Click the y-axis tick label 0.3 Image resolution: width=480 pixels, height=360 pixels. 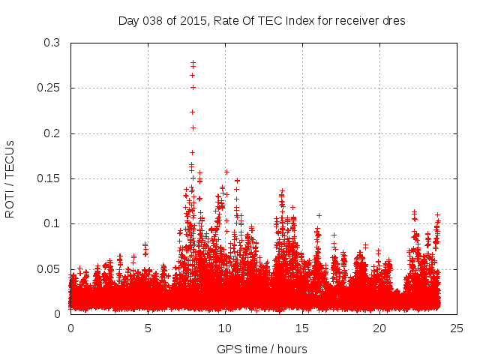52,43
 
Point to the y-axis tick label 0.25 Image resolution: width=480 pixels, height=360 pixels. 49,88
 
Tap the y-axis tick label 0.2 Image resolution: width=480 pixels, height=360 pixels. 52,133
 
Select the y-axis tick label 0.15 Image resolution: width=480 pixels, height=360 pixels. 49,178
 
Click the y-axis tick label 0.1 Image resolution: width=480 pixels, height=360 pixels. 52,223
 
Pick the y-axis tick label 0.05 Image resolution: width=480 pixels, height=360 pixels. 49,268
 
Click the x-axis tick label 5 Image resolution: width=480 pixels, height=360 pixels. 148,328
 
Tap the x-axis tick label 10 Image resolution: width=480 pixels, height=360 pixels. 225,328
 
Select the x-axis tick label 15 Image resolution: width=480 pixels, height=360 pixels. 302,328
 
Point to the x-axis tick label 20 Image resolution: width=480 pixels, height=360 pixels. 379,328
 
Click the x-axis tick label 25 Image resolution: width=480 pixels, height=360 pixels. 457,328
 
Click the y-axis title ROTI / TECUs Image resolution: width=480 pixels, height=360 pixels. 10,178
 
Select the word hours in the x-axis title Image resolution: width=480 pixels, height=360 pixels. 291,349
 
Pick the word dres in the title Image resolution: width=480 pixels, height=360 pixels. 394,21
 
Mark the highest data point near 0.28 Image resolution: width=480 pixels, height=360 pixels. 193,63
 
